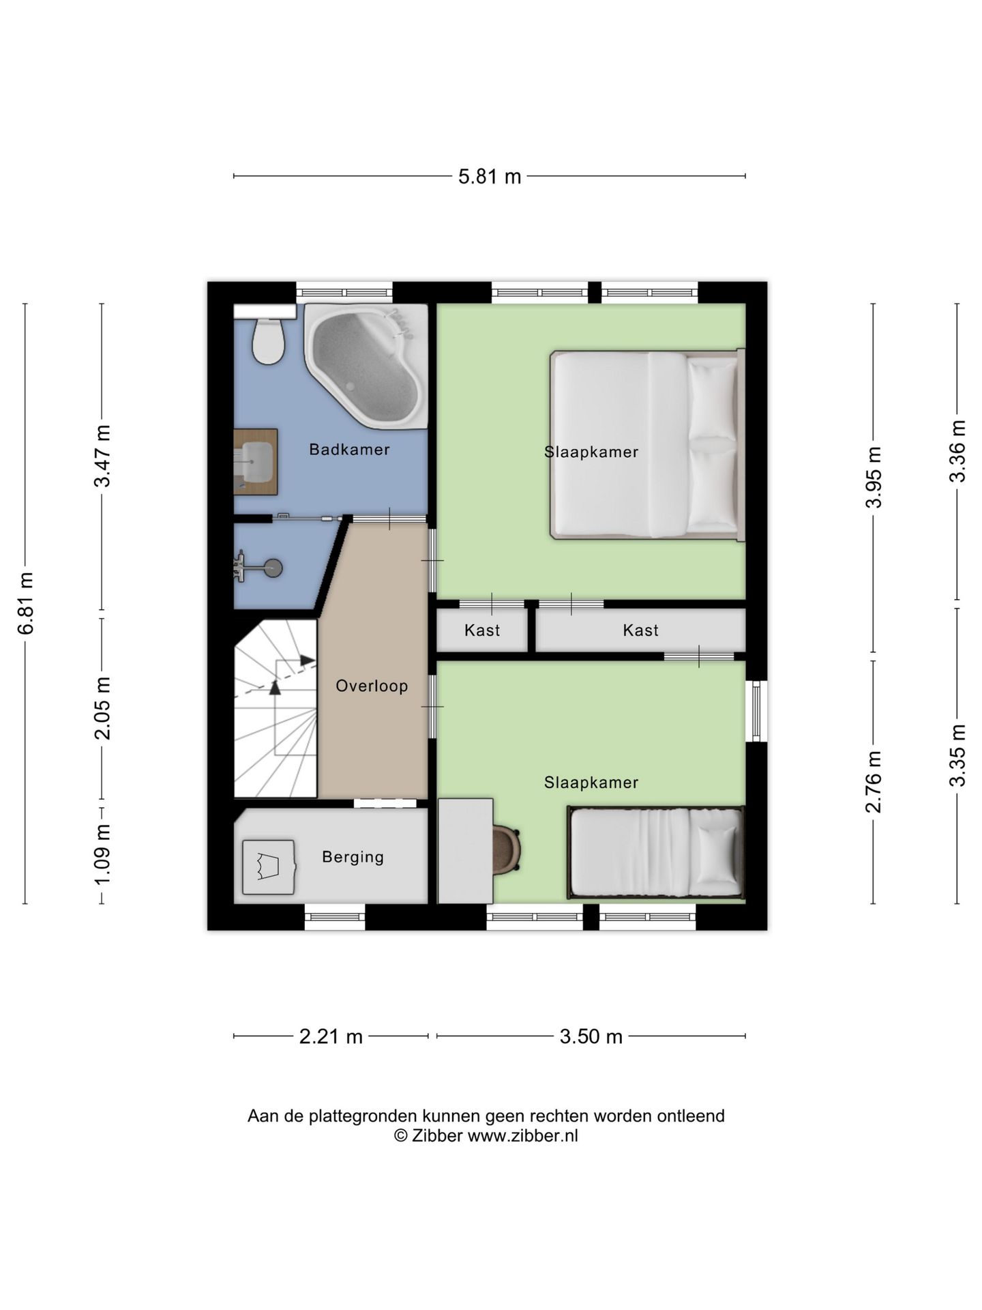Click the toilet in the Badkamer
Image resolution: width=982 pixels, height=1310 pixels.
(x=268, y=341)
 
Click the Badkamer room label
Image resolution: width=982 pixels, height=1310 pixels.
(x=349, y=450)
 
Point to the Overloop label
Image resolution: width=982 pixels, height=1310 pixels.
(x=372, y=686)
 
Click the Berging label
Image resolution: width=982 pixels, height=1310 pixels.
(x=353, y=857)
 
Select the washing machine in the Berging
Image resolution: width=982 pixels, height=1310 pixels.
(x=269, y=867)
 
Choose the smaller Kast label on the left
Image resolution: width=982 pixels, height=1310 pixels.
(x=482, y=630)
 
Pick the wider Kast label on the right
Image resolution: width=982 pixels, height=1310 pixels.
(x=641, y=630)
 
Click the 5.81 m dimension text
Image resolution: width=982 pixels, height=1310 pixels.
(x=490, y=177)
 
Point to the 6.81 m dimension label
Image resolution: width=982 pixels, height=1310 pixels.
(x=26, y=603)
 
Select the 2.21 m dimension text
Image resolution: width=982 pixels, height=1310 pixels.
(x=331, y=1037)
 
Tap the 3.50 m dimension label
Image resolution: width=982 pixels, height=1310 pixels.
(x=591, y=1037)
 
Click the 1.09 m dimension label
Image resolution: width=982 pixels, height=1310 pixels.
(x=102, y=854)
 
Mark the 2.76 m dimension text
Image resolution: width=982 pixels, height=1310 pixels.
(x=874, y=782)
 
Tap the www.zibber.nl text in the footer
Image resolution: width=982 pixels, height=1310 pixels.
(x=522, y=1136)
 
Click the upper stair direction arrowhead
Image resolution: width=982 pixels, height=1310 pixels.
(x=308, y=660)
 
